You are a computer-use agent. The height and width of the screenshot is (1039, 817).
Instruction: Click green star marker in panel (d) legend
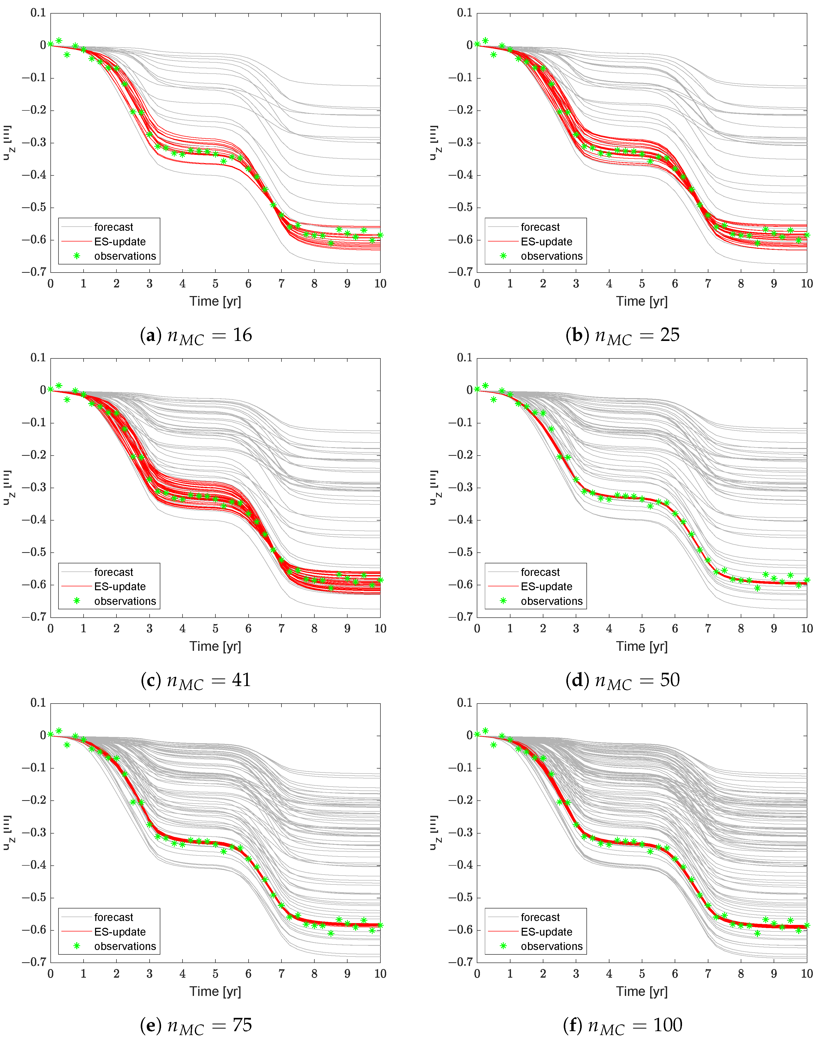(503, 601)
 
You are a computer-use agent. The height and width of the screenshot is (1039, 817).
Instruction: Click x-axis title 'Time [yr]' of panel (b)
(642, 301)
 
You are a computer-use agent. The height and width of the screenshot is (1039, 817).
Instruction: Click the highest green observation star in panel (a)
(59, 41)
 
